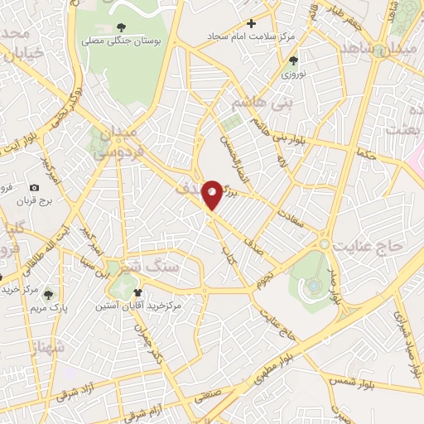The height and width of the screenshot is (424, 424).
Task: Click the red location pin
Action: click(213, 194)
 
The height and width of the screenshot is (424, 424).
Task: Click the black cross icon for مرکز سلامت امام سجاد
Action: click(251, 23)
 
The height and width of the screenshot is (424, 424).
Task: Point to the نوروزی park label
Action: click(291, 73)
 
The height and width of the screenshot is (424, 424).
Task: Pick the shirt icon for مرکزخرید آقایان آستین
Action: click(138, 291)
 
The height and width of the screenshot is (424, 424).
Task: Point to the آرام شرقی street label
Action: click(154, 412)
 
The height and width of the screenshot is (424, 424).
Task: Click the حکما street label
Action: click(364, 154)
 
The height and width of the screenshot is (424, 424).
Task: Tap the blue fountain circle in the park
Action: click(314, 287)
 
